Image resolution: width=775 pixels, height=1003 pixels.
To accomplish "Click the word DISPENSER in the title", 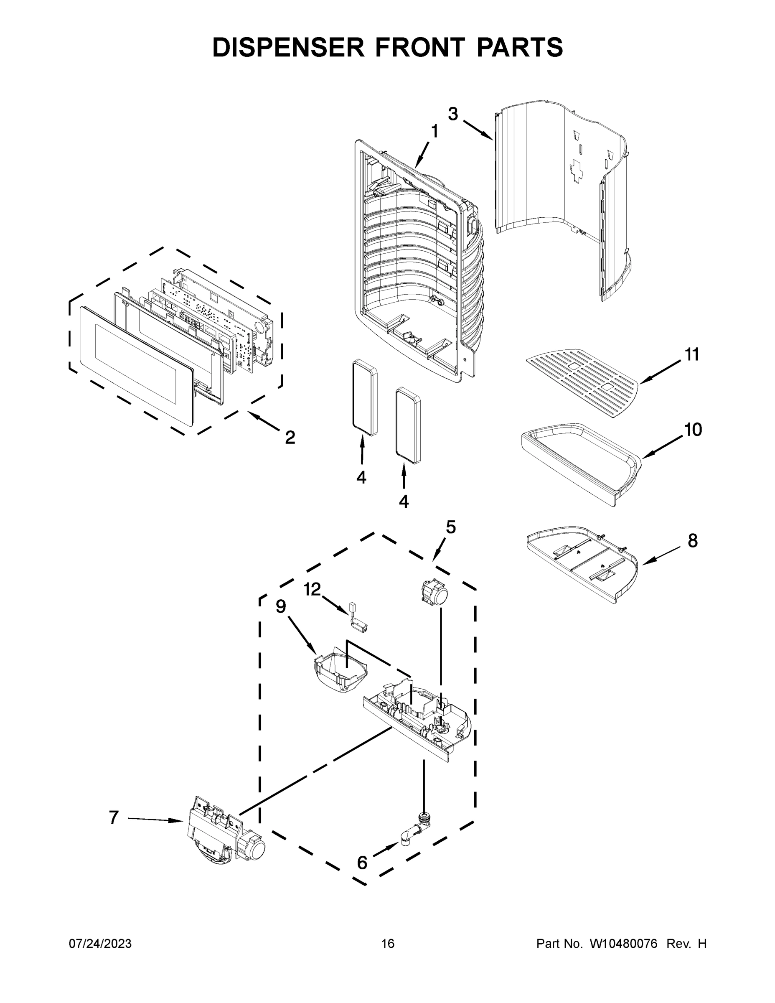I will [288, 47].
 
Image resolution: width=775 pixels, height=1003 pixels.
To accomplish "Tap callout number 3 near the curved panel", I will [453, 114].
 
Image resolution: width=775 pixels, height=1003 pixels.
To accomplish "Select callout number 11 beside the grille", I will [692, 354].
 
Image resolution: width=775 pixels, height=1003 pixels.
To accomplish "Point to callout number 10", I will [693, 430].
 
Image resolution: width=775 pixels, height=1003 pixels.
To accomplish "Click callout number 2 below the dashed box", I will [290, 437].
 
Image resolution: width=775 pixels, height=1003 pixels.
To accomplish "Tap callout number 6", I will [362, 863].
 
